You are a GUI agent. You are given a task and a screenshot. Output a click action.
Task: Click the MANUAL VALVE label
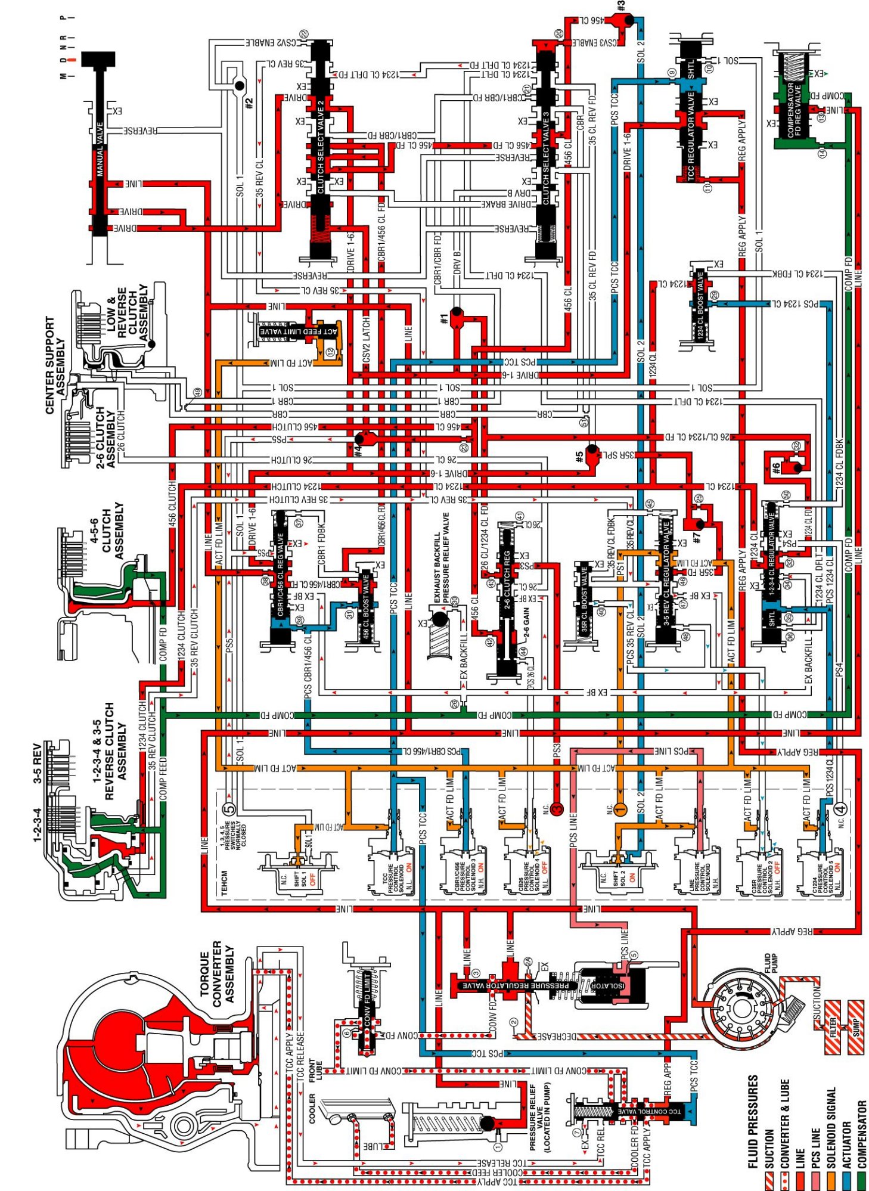[x=100, y=149]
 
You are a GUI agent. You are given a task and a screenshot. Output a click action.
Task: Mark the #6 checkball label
[x=775, y=469]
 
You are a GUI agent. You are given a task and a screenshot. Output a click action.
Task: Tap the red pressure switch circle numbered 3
[x=557, y=809]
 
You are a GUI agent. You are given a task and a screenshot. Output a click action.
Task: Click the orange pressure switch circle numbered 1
[x=620, y=809]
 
